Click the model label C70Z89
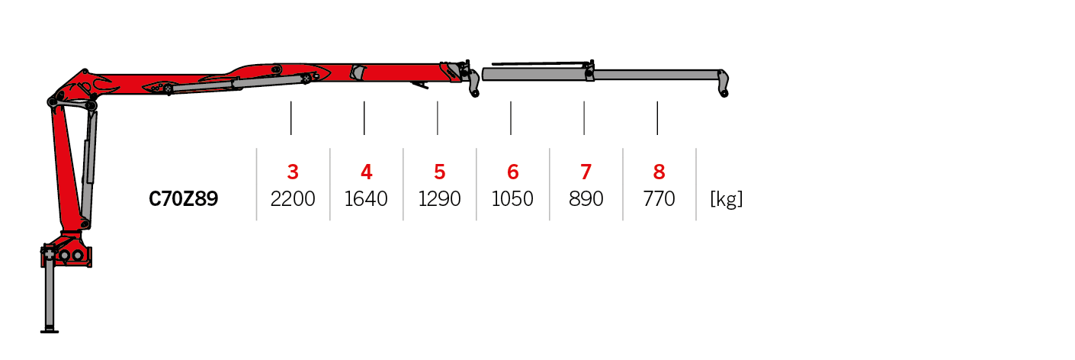pyautogui.click(x=183, y=199)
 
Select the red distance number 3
pyautogui.click(x=293, y=172)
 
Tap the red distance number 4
pyautogui.click(x=366, y=172)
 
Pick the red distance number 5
pyautogui.click(x=439, y=172)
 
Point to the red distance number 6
pyautogui.click(x=512, y=172)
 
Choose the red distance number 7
pyautogui.click(x=586, y=172)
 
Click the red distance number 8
pyautogui.click(x=659, y=172)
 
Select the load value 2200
pyautogui.click(x=293, y=199)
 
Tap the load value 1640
pyautogui.click(x=366, y=199)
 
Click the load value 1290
pyautogui.click(x=439, y=199)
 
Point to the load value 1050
pyautogui.click(x=512, y=199)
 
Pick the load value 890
pyautogui.click(x=586, y=199)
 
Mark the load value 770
pyautogui.click(x=659, y=199)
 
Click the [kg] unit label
pyautogui.click(x=726, y=199)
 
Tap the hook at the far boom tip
pyautogui.click(x=723, y=84)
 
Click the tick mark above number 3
pyautogui.click(x=291, y=117)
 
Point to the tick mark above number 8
pyautogui.click(x=657, y=117)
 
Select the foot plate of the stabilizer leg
pyautogui.click(x=50, y=330)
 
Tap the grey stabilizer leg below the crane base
pyautogui.click(x=50, y=294)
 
